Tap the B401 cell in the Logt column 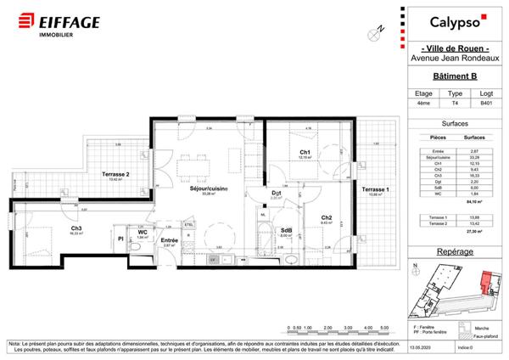pos(485,102)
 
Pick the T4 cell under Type pos(455,102)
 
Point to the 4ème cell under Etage pos(424,102)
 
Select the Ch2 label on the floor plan pos(326,217)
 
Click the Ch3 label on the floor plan pos(76,228)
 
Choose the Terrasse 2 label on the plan pos(115,175)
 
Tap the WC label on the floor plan pos(143,231)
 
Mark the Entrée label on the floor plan pos(169,240)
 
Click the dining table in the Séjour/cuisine pos(198,155)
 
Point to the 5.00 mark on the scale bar pos(384,327)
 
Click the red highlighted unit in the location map pos(484,284)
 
